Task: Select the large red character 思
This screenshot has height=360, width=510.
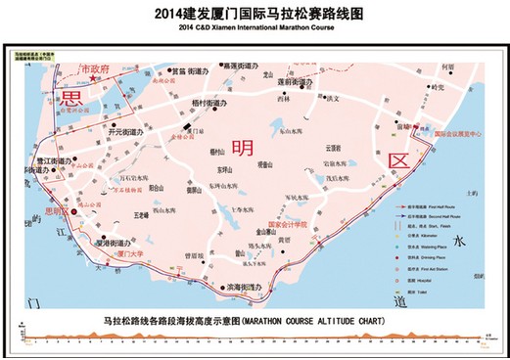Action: click(71, 100)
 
